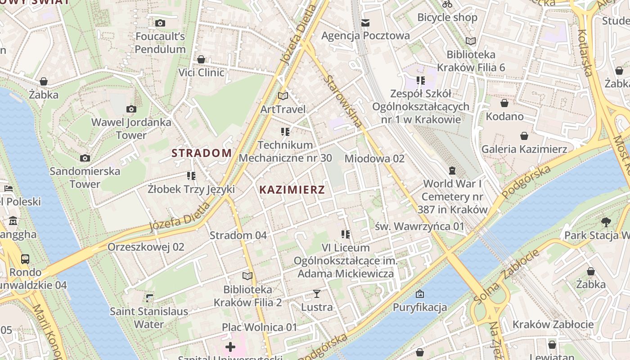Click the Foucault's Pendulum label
(x=160, y=43)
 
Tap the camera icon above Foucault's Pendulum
(x=160, y=23)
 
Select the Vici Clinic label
(x=201, y=72)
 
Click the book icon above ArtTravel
(x=283, y=96)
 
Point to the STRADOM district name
(x=202, y=153)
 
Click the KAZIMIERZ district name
(x=292, y=189)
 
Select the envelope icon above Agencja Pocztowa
(x=365, y=22)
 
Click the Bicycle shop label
(x=447, y=18)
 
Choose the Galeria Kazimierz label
(x=524, y=149)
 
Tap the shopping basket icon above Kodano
(x=504, y=103)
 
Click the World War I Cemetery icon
(x=452, y=170)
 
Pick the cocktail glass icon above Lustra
(x=317, y=294)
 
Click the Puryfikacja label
(x=420, y=307)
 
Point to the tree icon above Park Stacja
(x=606, y=221)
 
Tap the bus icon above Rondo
(x=25, y=259)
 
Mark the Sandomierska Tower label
(x=85, y=177)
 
